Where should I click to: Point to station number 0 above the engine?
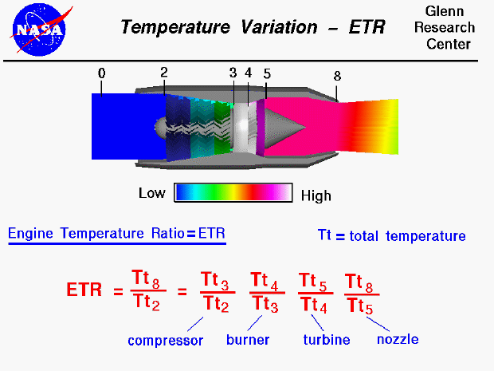pos(102,73)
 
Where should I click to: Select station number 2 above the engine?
pos(163,72)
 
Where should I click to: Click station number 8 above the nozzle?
pos(337,77)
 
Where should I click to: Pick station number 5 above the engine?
pos(266,73)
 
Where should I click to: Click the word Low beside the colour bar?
pos(151,193)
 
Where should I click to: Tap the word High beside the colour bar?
pos(316,195)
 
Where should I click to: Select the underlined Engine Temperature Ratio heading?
pos(116,234)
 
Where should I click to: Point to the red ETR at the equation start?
pos(84,290)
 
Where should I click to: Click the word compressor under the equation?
pos(166,341)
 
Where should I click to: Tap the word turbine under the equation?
pos(327,340)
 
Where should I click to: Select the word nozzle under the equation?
pos(398,339)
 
